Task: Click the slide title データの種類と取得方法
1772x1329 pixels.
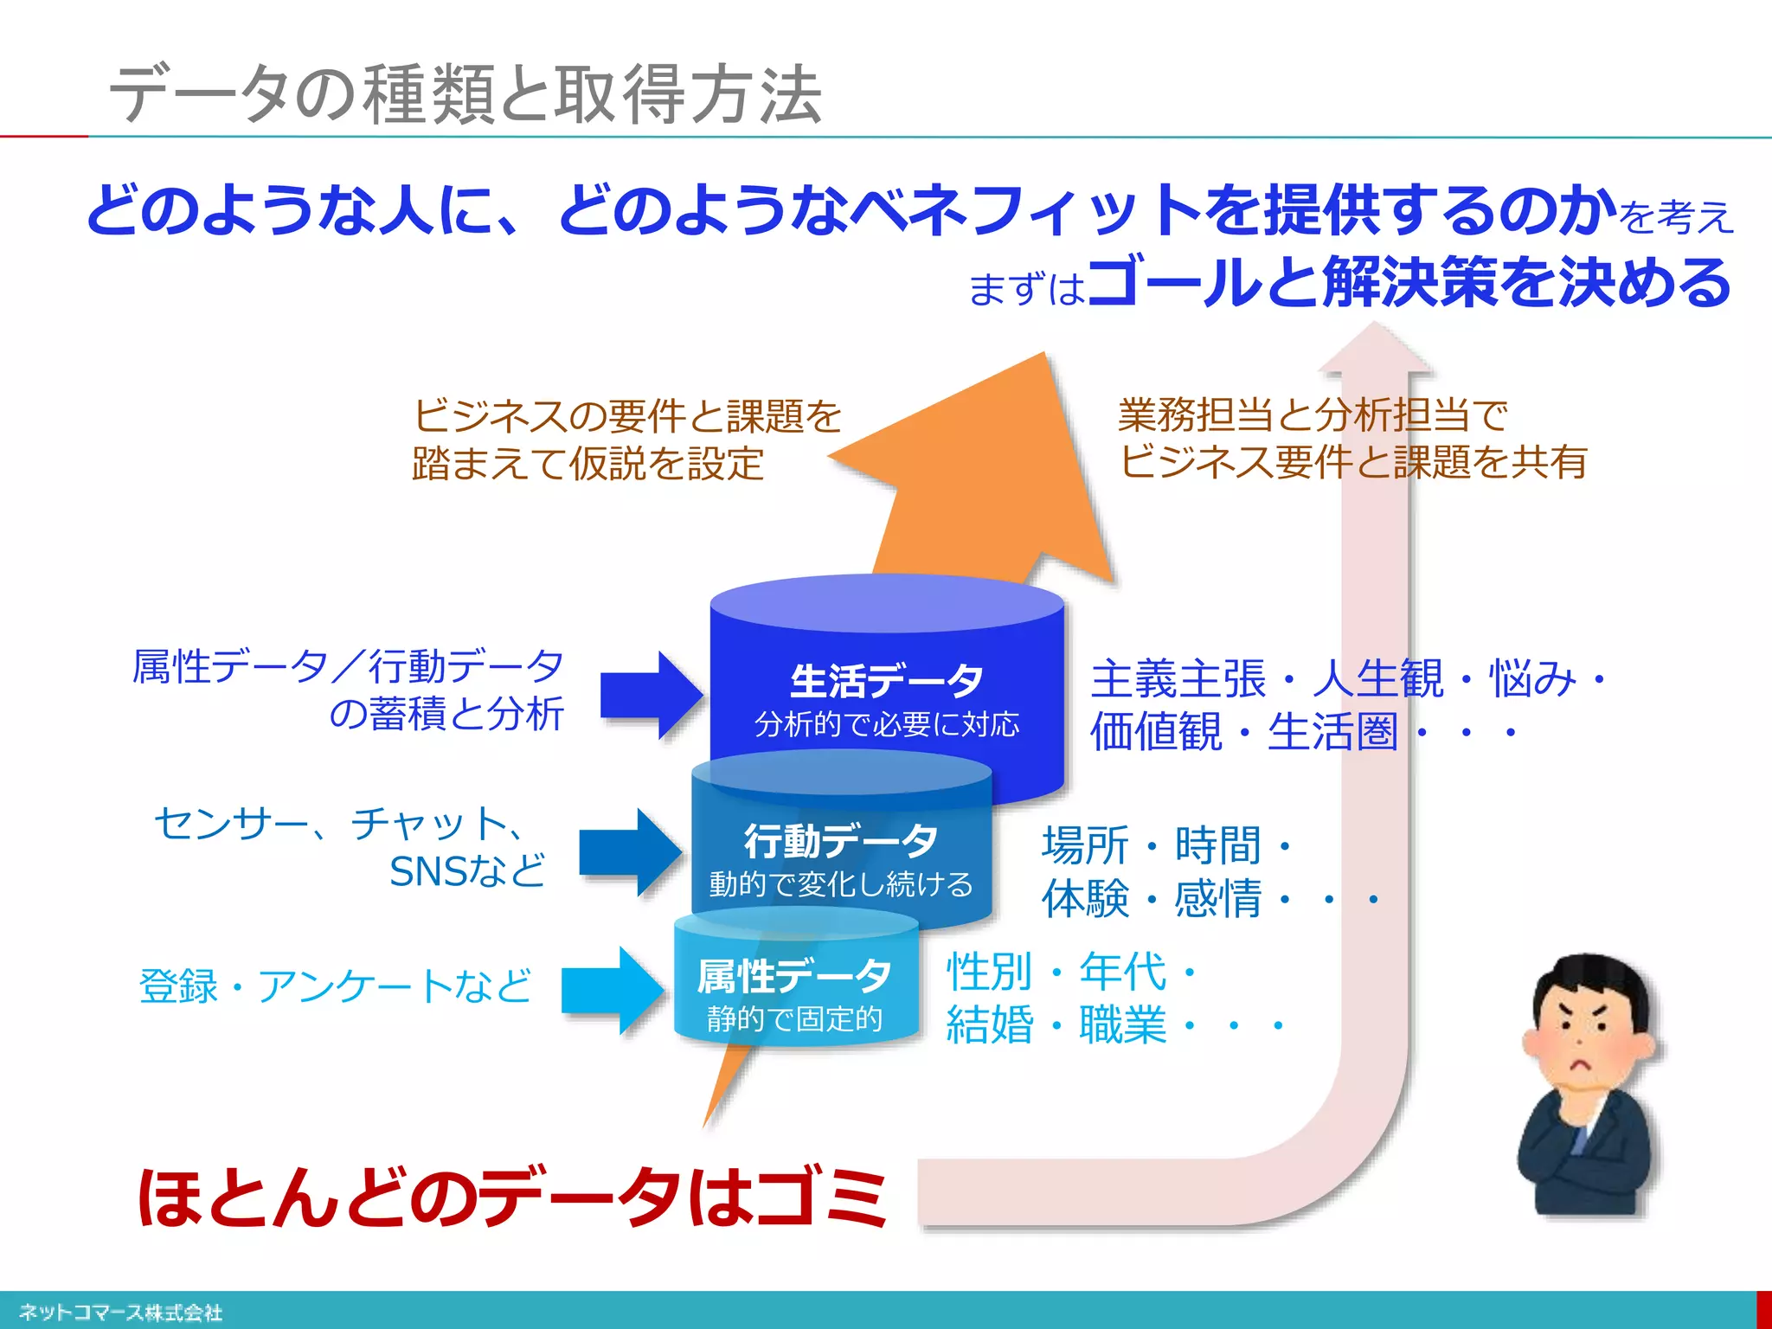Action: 465,93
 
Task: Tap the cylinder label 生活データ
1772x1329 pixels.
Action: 886,680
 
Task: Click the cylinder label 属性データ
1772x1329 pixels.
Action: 794,976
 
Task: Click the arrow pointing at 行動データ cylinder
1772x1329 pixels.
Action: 629,852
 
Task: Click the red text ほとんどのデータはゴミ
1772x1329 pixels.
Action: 512,1197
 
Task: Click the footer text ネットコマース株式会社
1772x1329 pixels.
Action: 121,1312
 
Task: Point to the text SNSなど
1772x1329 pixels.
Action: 467,871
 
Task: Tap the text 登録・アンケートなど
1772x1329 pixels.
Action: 336,986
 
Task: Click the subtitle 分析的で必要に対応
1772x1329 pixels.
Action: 886,724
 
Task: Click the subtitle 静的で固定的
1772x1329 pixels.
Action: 794,1019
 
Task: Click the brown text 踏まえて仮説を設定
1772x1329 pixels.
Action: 588,464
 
